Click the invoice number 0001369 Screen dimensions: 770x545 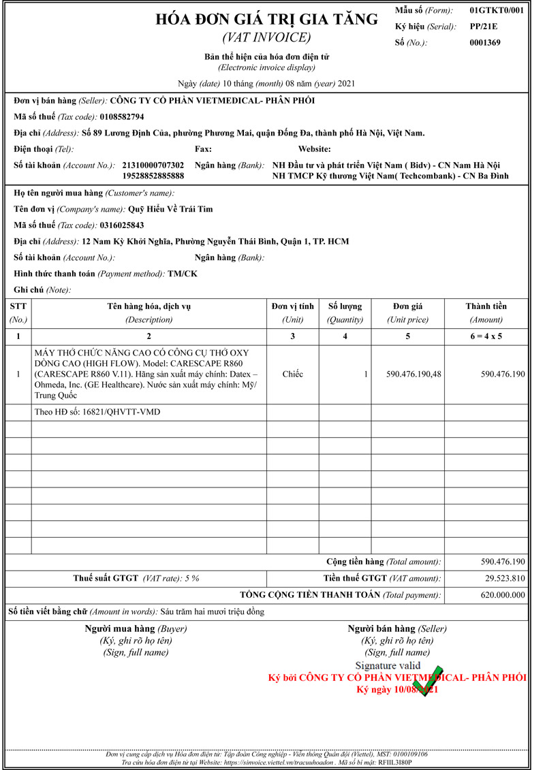click(x=485, y=43)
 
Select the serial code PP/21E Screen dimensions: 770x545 click(x=484, y=27)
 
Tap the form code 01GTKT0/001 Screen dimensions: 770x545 click(x=497, y=11)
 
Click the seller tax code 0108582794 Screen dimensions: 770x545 click(x=122, y=116)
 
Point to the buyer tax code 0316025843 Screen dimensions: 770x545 click(x=122, y=225)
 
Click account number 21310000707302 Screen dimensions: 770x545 click(x=153, y=165)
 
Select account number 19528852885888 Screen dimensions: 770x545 click(x=153, y=176)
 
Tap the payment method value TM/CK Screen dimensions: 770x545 click(x=183, y=274)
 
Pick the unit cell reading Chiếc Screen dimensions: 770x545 click(x=292, y=374)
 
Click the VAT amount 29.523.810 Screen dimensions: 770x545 click(x=504, y=578)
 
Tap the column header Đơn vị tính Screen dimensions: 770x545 click(x=292, y=306)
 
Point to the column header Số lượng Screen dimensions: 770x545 click(x=345, y=306)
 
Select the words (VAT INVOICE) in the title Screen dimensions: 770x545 click(x=266, y=37)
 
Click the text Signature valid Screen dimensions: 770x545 click(x=388, y=665)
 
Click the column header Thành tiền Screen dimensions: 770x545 click(x=486, y=306)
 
